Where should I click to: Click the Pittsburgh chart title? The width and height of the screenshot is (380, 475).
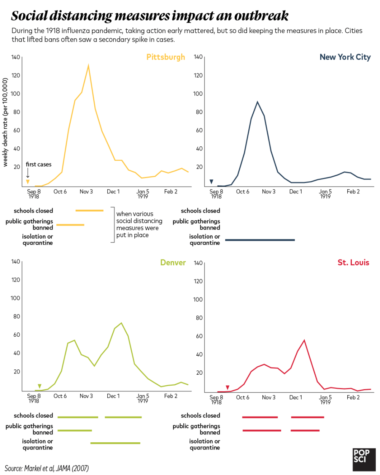(165, 57)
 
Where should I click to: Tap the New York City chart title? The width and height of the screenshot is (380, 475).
(345, 57)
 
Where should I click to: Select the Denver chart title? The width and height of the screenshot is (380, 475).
(173, 263)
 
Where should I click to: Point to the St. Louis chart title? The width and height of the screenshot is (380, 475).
(353, 263)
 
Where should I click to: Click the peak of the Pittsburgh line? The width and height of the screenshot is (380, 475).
(88, 65)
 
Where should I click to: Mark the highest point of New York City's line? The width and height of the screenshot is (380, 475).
(258, 102)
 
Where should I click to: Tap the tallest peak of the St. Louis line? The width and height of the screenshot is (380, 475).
(304, 340)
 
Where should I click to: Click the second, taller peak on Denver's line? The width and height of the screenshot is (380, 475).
(121, 323)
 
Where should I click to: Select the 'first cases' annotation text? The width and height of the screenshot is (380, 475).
(38, 165)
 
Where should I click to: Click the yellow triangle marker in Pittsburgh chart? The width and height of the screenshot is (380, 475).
(28, 182)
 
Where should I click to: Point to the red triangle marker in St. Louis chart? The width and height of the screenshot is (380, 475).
(227, 388)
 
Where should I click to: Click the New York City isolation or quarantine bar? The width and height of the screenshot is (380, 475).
(260, 240)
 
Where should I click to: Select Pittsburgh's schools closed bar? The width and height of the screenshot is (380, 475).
(89, 211)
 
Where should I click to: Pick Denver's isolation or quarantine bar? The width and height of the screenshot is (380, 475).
(115, 443)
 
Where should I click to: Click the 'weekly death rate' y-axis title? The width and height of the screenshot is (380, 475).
(5, 122)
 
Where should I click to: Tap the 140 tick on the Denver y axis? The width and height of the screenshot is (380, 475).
(16, 261)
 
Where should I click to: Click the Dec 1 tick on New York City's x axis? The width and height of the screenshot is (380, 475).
(296, 192)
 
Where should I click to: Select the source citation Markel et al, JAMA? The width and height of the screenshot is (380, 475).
(47, 468)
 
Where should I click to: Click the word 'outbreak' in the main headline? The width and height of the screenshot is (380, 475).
(261, 16)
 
